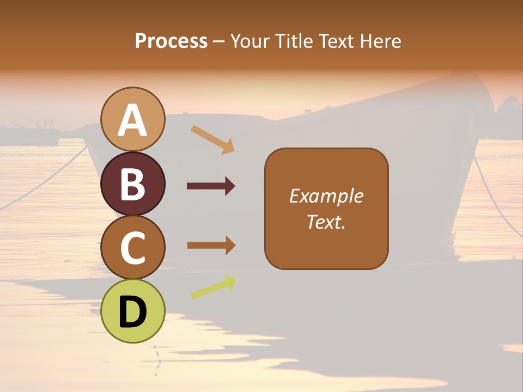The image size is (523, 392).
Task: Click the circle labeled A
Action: point(132,119)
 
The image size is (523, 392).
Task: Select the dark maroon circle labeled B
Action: point(132,183)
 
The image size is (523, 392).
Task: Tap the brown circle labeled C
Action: point(132,248)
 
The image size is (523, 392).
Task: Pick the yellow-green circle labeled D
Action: point(132,311)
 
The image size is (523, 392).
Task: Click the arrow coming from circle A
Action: point(212,139)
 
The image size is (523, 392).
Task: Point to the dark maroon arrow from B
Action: point(211,186)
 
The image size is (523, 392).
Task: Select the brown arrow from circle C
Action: point(211,245)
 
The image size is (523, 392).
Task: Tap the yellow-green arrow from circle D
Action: point(213,287)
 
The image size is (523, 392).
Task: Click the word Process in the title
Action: point(171,41)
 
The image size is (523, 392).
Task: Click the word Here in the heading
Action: point(381,41)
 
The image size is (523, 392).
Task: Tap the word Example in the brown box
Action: point(326,196)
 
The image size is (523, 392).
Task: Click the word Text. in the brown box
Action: point(326,222)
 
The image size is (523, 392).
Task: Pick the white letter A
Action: point(132,120)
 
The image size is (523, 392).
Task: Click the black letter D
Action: point(132,313)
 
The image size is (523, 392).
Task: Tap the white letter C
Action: point(132,248)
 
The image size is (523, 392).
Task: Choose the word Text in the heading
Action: point(337,41)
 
